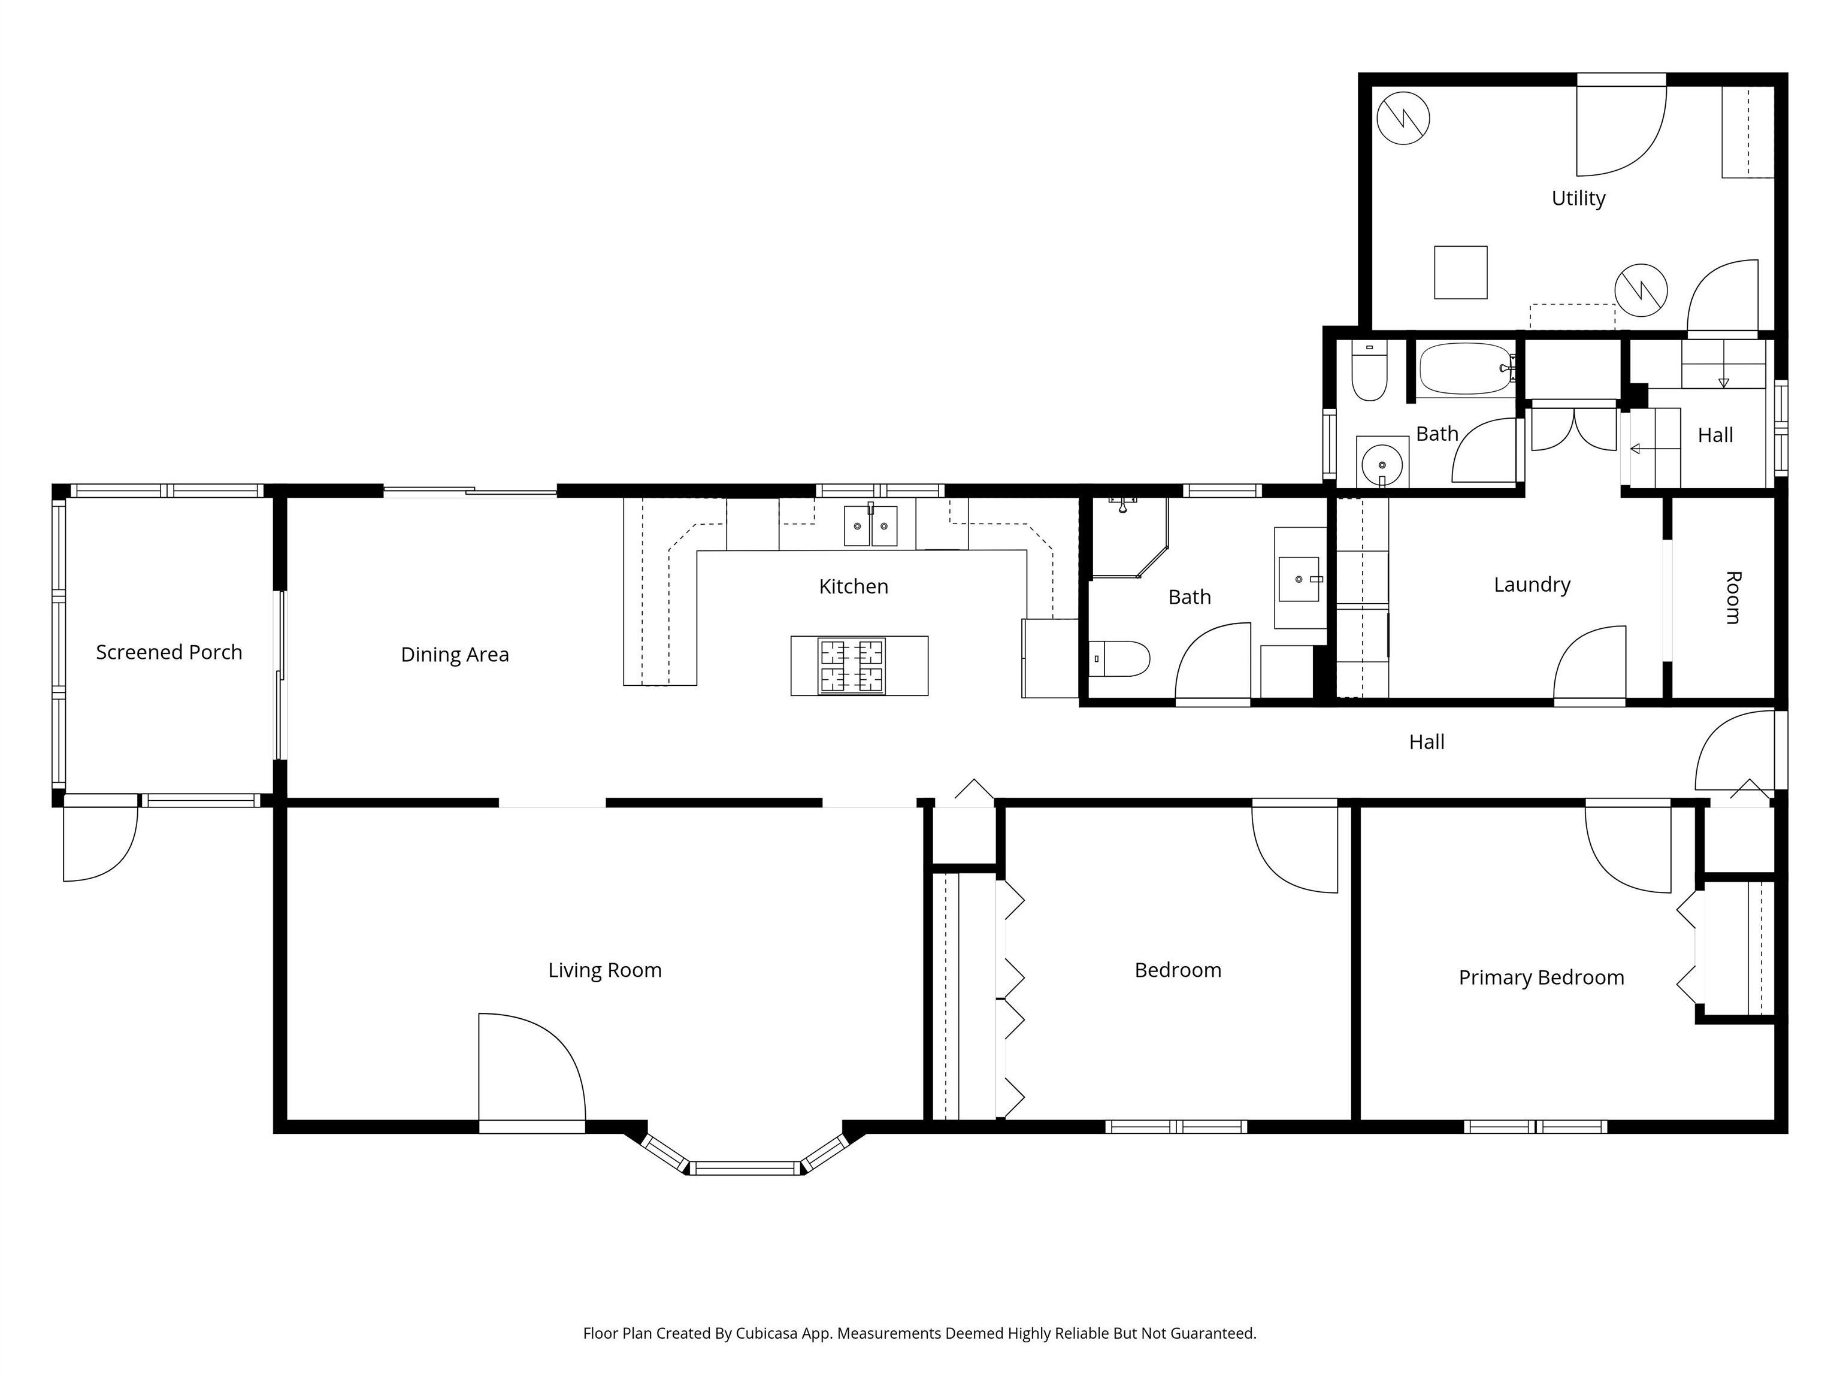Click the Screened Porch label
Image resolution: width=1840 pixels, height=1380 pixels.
[169, 652]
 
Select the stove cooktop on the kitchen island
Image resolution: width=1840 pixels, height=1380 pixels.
[851, 665]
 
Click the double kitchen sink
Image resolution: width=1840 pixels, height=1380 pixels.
[870, 526]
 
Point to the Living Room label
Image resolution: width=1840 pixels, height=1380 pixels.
[605, 970]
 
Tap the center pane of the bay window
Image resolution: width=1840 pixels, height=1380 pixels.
[745, 1168]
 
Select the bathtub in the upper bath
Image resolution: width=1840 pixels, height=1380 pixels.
[1466, 368]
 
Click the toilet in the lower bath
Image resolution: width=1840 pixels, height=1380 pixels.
[1119, 659]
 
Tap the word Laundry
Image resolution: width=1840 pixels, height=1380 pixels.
[1532, 585]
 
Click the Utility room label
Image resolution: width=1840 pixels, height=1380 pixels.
[1578, 198]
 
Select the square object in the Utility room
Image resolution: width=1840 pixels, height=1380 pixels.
[1461, 272]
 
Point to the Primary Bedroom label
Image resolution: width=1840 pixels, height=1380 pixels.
[1541, 978]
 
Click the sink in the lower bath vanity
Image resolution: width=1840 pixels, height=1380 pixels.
[1299, 579]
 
